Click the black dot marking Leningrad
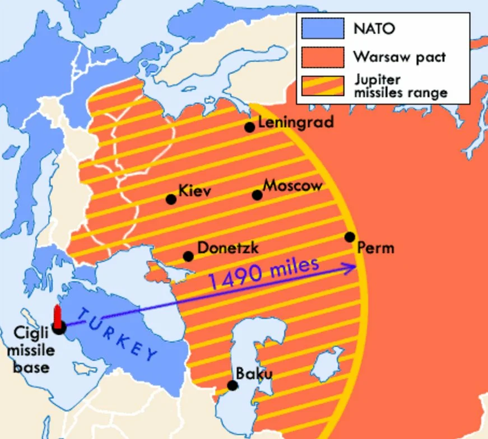click(x=250, y=127)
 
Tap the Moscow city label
click(x=293, y=185)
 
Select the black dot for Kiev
click(x=171, y=199)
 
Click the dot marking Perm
click(x=350, y=237)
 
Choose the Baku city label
click(x=254, y=373)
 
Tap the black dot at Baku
click(x=232, y=385)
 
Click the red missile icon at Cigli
click(x=57, y=316)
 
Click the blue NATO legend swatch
click(x=322, y=28)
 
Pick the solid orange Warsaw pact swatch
click(x=322, y=57)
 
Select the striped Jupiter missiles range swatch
click(x=322, y=86)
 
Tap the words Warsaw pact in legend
click(x=400, y=57)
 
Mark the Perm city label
click(x=376, y=247)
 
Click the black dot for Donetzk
click(x=188, y=256)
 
